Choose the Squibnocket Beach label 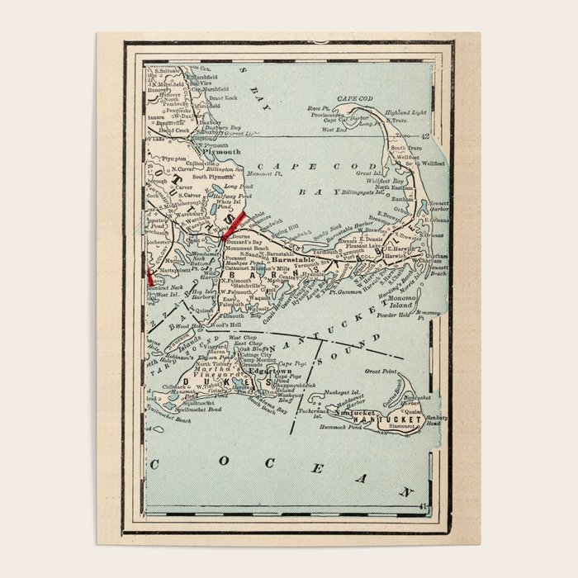coord(172,419)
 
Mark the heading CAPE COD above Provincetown coord(355,97)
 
